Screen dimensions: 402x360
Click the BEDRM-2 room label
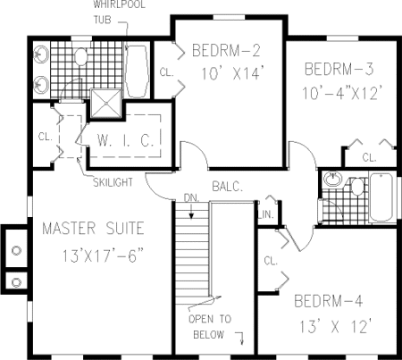point(226,50)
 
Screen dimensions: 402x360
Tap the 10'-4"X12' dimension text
point(341,92)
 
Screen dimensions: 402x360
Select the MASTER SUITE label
point(93,229)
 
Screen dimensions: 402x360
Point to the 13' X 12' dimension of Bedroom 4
point(335,326)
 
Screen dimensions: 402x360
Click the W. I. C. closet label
point(125,140)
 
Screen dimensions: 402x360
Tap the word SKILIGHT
point(113,182)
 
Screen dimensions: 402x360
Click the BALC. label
point(228,187)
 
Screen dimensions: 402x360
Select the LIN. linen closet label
point(266,214)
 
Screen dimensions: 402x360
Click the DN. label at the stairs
point(191,198)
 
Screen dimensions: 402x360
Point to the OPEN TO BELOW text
point(210,327)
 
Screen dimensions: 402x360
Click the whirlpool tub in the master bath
point(137,71)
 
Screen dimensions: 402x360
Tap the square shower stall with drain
point(105,104)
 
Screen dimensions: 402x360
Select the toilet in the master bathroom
point(80,56)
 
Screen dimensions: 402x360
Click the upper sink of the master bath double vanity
point(40,54)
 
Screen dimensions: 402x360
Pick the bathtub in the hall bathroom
point(381,197)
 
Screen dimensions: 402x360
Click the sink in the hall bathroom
point(333,179)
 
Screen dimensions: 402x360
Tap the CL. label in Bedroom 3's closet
point(369,157)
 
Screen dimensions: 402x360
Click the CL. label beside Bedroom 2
point(167,72)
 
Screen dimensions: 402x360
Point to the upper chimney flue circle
point(16,250)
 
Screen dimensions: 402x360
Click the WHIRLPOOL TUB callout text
point(119,13)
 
